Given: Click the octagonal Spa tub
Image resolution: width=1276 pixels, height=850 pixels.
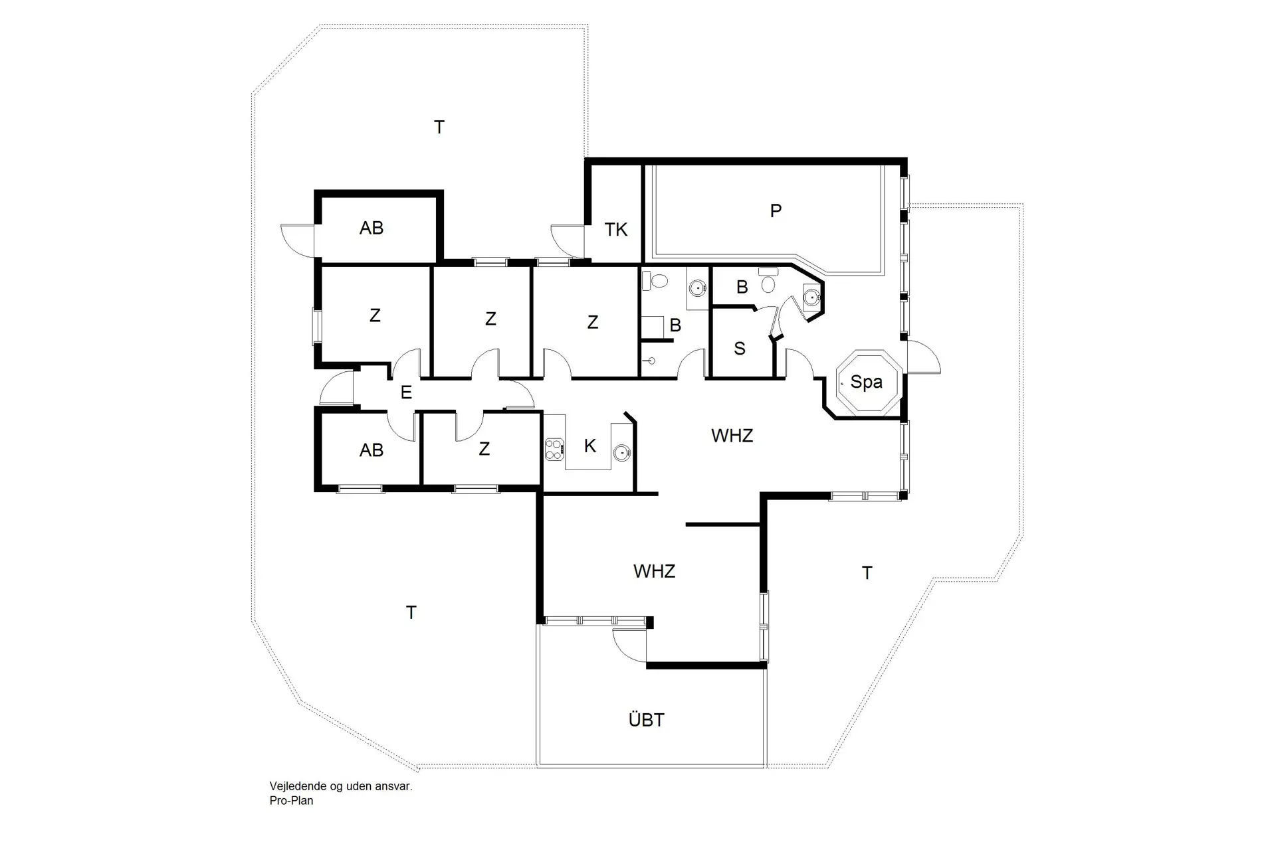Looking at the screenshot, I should pos(867,384).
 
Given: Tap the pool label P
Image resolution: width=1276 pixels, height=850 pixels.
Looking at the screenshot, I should pos(775,211).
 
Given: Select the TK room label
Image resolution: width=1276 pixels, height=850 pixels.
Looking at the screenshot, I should pos(616,230).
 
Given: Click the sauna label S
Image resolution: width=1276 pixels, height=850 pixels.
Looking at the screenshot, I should pos(740,349).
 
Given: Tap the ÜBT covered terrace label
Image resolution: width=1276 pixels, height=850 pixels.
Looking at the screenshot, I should pos(646,720).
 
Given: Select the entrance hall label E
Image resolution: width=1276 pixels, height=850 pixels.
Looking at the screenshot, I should pos(406,392).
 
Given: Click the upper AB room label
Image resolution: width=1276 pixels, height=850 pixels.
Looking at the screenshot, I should pos(372,228).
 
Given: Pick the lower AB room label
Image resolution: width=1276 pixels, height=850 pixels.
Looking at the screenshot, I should pos(372,450).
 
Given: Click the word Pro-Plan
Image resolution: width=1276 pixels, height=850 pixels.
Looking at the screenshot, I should pos(291,801).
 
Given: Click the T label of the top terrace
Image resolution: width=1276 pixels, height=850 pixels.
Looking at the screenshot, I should pos(439,127).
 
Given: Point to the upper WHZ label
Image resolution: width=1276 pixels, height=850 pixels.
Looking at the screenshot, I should pos(732,436).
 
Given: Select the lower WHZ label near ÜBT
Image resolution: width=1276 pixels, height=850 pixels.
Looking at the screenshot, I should pos(654,571).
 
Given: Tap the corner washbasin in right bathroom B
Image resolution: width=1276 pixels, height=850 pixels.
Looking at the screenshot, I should pos(811,297).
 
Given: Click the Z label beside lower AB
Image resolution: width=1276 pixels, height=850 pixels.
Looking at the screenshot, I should pos(484,449).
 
